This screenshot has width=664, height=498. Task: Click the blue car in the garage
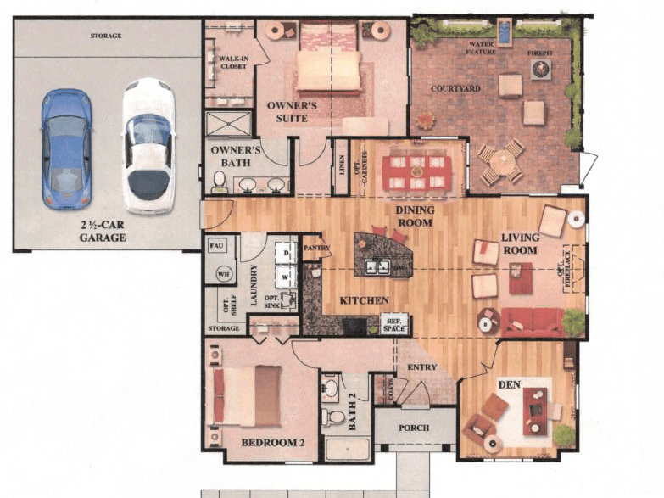(67, 146)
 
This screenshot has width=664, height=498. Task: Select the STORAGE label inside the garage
(106, 36)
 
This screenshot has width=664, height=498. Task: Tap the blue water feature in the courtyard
(506, 32)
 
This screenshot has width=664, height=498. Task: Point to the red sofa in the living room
(533, 322)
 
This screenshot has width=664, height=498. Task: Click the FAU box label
(215, 245)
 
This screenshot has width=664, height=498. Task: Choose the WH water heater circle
(225, 274)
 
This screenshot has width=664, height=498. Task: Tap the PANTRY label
(315, 249)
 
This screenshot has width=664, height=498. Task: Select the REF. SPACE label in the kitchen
(393, 323)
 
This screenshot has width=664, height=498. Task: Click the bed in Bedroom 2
(248, 396)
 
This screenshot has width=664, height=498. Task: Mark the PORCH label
(414, 428)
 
